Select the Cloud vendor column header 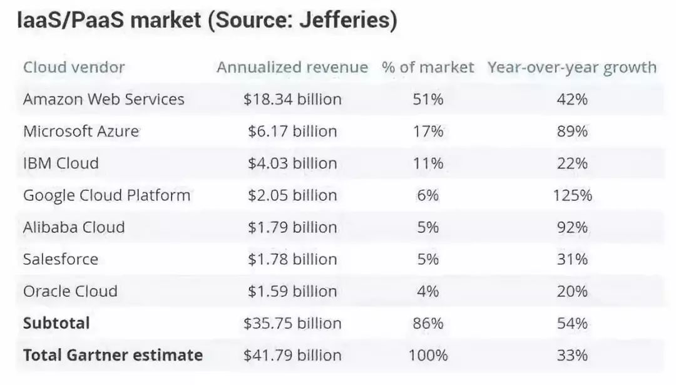point(74,68)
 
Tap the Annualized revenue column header point(292,68)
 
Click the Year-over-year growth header point(572,68)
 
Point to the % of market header point(428,68)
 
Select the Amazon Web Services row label point(104,99)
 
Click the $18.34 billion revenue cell point(292,99)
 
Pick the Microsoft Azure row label point(81,131)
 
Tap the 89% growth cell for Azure point(572,131)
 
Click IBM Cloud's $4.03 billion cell point(292,163)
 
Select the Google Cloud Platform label point(106,195)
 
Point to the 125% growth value point(572,195)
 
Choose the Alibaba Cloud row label point(74,227)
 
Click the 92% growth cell point(572,227)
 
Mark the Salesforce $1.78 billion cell point(292,259)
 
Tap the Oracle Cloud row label point(70,291)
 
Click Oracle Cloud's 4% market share point(428,291)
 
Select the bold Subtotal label point(56,323)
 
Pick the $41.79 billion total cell point(292,356)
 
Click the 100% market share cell point(428,356)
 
